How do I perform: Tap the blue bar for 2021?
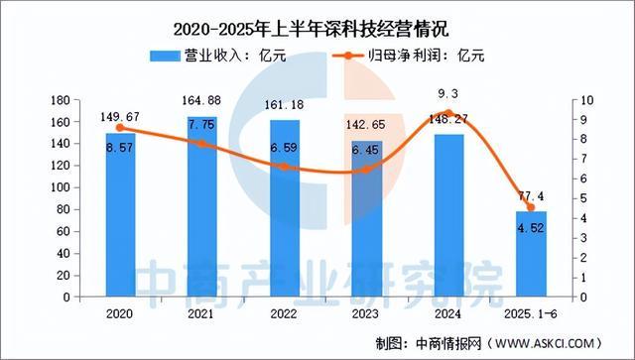point(202,207)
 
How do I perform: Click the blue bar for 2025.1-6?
point(531,254)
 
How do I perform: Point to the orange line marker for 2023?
point(366,170)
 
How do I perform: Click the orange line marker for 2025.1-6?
point(531,207)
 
